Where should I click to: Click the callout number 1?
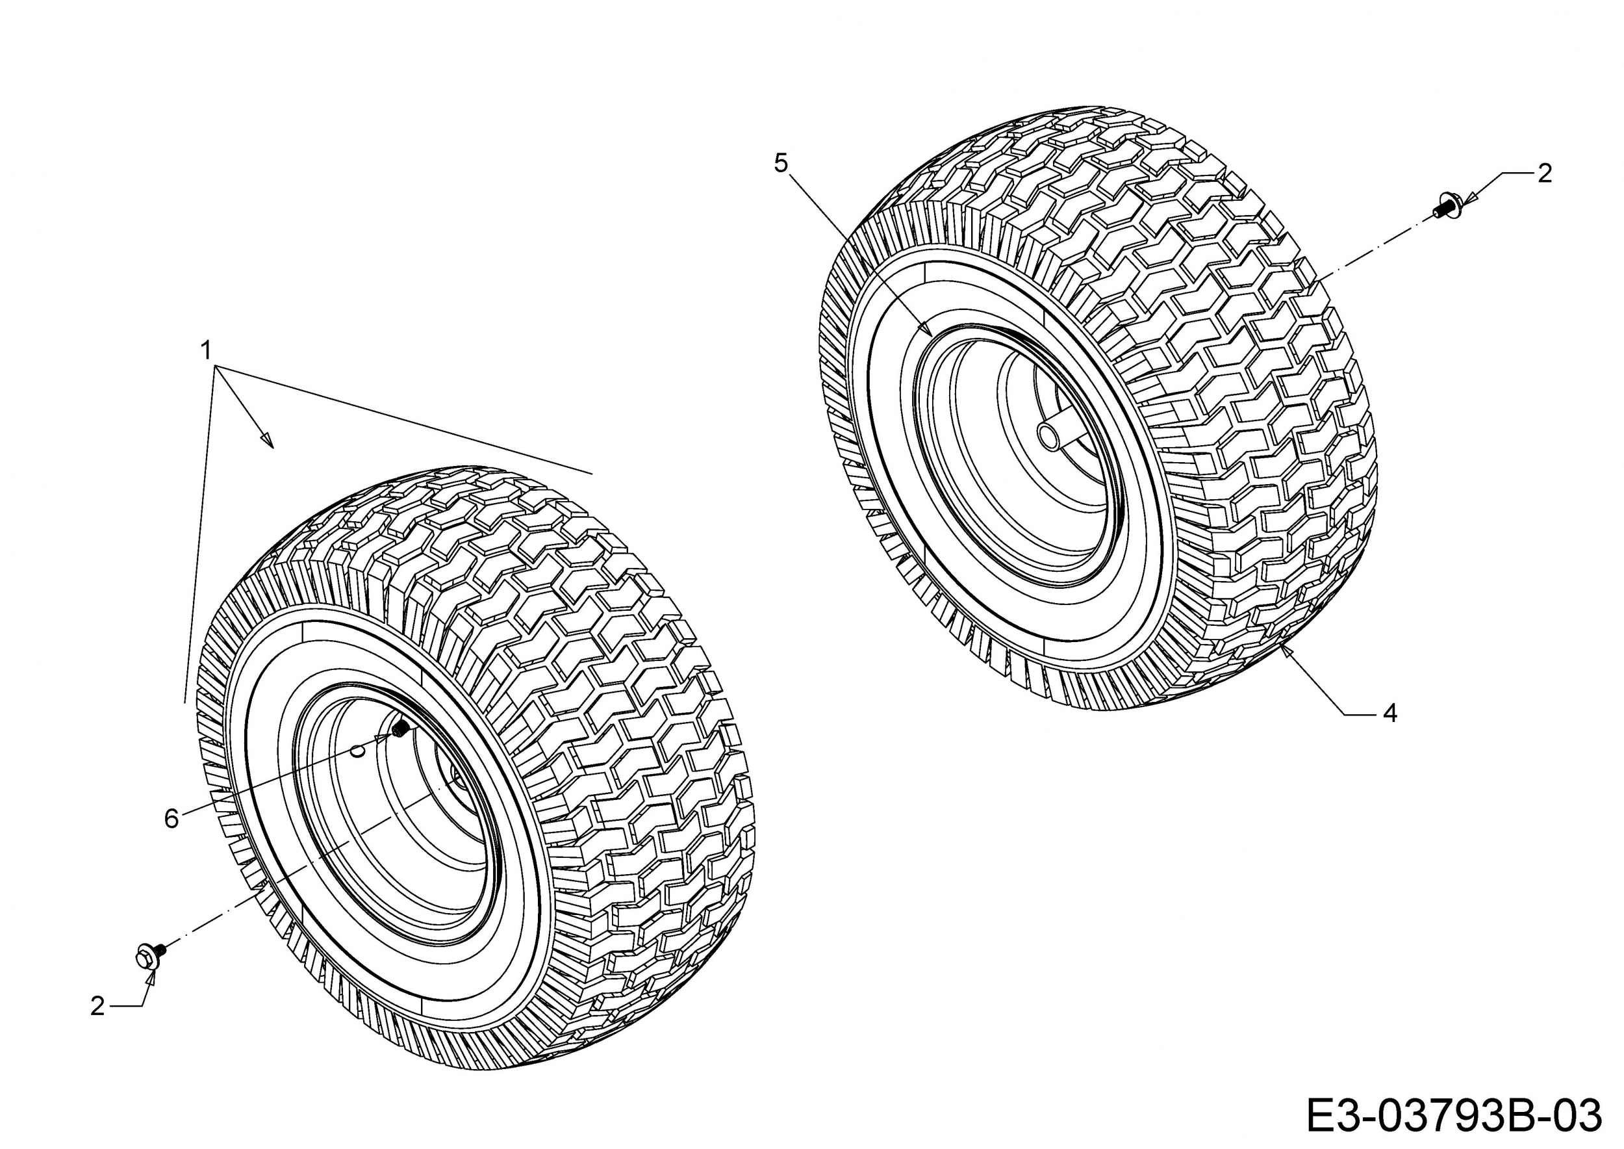click(x=207, y=350)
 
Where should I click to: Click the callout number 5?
click(x=781, y=163)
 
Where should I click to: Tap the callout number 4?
click(x=1390, y=713)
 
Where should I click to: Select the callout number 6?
click(x=171, y=819)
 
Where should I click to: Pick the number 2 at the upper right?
click(x=1545, y=174)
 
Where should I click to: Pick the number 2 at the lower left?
click(x=97, y=1006)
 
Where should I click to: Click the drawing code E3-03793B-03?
click(x=1453, y=1117)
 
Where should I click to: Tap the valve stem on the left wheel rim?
click(x=400, y=728)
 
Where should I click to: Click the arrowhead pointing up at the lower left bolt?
click(x=150, y=978)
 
